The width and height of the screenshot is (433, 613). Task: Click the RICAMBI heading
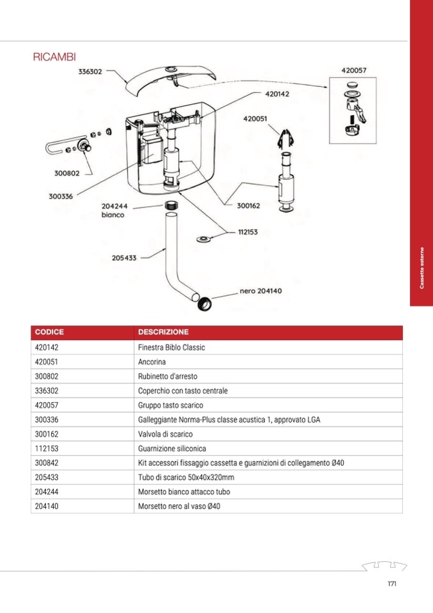[54, 57]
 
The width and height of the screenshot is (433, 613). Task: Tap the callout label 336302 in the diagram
[90, 72]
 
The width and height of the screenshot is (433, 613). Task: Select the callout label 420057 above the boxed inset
[353, 71]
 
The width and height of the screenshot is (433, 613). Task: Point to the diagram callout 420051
[255, 118]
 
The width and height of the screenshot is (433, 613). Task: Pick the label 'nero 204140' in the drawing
[261, 291]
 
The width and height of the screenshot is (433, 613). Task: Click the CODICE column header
[49, 332]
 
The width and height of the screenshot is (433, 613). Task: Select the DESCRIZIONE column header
[163, 332]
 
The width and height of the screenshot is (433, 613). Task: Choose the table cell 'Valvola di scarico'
[165, 434]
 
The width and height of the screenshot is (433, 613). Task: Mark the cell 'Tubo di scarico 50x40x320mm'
[186, 477]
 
